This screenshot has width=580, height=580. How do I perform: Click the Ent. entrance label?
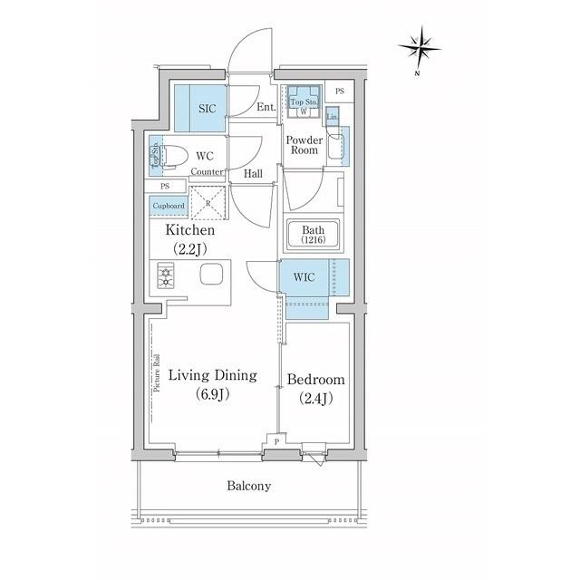266,107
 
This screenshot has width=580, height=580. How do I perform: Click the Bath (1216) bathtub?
313,235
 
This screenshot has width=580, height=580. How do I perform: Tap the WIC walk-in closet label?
304,276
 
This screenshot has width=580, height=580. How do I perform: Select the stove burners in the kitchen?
167,275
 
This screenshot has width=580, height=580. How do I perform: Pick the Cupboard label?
169,206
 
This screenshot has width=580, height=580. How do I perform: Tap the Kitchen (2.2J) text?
189,239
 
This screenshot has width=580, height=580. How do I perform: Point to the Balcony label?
248,486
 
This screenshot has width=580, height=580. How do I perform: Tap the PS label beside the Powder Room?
339,92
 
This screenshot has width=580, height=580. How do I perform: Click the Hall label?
254,173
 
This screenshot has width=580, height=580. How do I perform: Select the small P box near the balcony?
276,441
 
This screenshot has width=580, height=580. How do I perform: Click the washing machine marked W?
303,111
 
